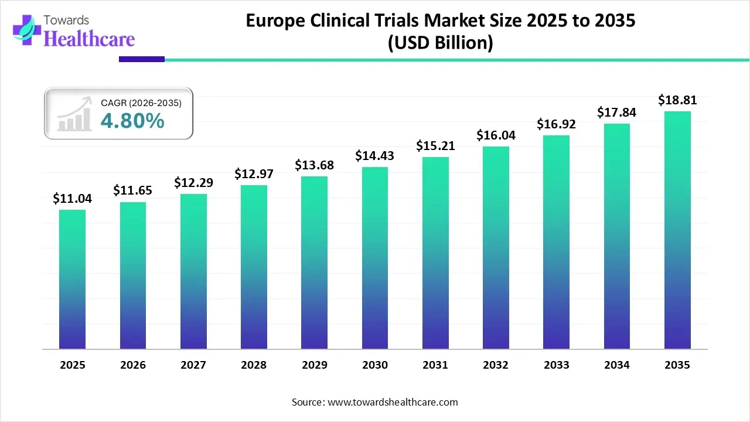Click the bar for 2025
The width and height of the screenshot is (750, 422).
point(72,280)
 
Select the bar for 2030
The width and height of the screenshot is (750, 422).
point(375,258)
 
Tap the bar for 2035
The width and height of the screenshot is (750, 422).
point(677,230)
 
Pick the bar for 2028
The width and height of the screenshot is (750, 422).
point(254,267)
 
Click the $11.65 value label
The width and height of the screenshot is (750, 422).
point(132,190)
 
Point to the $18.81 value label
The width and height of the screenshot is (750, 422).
point(677,100)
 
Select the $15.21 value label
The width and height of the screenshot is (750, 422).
point(435,145)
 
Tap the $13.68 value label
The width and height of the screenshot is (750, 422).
point(314,165)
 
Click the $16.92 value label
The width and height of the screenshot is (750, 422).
point(556,124)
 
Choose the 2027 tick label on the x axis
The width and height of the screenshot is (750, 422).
point(193,365)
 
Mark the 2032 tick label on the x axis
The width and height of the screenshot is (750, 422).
point(496,365)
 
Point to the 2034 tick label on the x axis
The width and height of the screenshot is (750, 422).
point(617,365)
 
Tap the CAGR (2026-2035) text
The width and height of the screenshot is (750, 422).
point(141,103)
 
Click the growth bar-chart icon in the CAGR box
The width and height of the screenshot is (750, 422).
point(74,114)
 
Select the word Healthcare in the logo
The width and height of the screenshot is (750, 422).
point(89,39)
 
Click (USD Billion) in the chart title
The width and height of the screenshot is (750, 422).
point(440,43)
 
